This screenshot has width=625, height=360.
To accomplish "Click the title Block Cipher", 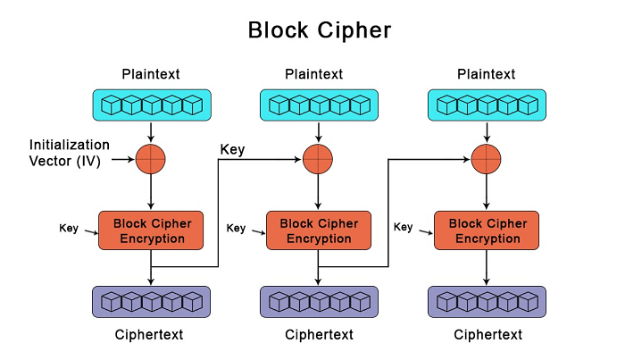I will coord(319,29).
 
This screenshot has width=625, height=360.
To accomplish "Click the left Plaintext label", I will coord(151,74).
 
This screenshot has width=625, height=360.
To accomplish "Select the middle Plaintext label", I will coord(319,74).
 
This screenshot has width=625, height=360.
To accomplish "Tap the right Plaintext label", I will coord(486,74).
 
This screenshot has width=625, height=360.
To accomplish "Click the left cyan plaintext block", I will coord(151,105).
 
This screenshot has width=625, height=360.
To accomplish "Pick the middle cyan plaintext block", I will coord(319,105).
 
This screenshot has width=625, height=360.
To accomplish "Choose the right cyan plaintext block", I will coord(486,105).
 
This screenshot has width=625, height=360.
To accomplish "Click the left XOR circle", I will coord(151,160).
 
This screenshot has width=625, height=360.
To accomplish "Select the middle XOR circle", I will coord(319,160).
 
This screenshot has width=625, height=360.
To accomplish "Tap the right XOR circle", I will coord(486,160).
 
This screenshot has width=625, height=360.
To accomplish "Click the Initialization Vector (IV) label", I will coord(70,152).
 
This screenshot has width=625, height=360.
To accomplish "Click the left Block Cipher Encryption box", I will coord(151,230).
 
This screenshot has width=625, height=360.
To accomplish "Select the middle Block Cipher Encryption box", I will coord(319,230).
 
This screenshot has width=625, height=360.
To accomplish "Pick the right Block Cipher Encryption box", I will coord(486,230).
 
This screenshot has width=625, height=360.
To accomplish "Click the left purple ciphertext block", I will coord(151,302).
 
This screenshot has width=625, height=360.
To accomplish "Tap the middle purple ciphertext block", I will coord(319,302).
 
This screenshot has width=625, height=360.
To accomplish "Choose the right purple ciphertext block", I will coord(486,302).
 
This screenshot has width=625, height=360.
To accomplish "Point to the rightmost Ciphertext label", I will coord(487,335).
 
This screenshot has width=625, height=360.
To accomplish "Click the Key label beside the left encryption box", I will coord(69,227).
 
